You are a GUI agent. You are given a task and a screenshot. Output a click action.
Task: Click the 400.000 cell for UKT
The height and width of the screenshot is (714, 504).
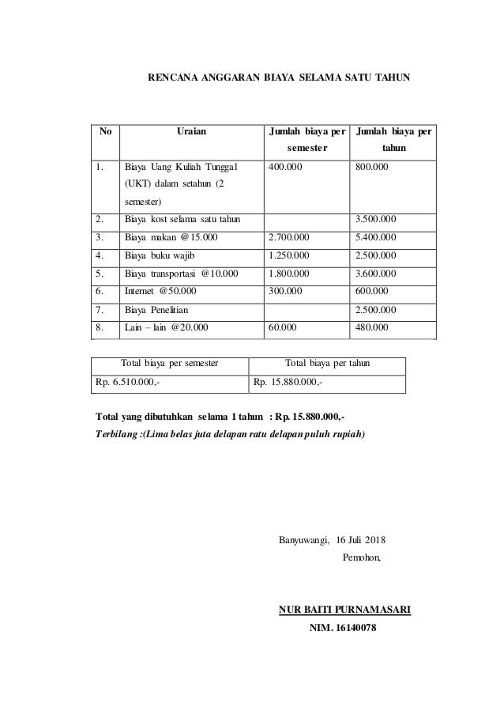pyautogui.click(x=284, y=168)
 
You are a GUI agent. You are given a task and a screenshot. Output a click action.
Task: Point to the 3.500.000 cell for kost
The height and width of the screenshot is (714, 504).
pyautogui.click(x=377, y=219)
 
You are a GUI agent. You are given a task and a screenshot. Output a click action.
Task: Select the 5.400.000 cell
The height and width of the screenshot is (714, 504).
pyautogui.click(x=377, y=237)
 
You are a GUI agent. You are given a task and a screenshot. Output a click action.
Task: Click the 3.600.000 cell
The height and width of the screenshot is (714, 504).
pyautogui.click(x=377, y=273)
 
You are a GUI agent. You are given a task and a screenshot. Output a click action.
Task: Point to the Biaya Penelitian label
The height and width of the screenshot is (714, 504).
pyautogui.click(x=157, y=309)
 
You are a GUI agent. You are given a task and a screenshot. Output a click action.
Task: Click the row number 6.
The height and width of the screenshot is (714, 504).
pyautogui.click(x=99, y=291)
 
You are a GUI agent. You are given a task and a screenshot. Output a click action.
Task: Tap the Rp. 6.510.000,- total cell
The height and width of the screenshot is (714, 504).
pyautogui.click(x=130, y=383)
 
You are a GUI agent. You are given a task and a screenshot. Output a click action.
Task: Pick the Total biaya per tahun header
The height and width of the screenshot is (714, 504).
pyautogui.click(x=326, y=365)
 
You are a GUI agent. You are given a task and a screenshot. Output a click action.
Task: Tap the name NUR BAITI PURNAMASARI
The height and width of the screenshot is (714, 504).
pyautogui.click(x=345, y=610)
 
